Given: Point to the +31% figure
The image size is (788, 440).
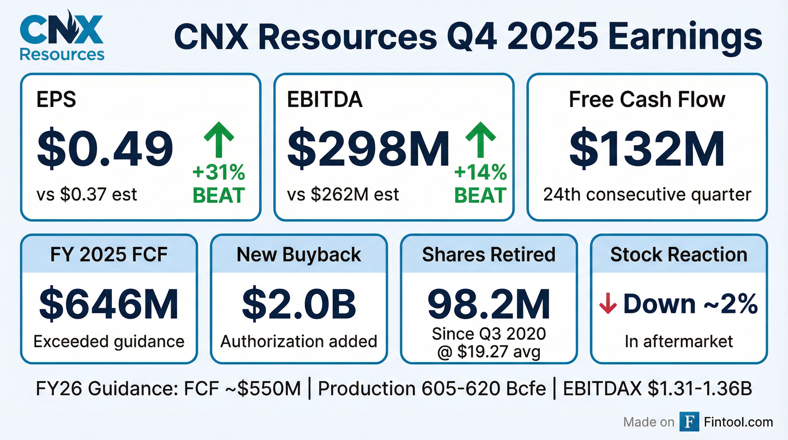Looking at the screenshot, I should point(219,172).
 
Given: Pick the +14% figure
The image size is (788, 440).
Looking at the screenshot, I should point(480,172).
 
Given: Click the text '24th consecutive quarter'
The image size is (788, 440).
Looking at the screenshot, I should point(647,194).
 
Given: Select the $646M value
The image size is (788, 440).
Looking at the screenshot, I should point(109,304).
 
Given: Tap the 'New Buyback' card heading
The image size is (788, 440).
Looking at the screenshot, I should point(299,255).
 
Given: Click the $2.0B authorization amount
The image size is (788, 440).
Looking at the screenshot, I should point(299,304).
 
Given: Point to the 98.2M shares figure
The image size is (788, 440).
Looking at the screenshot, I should point(488,304).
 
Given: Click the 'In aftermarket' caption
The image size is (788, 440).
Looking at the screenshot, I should point(679,341).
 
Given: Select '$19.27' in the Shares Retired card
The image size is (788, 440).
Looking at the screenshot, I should point(483,351).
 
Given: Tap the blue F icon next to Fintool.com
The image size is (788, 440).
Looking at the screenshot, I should point(689,422).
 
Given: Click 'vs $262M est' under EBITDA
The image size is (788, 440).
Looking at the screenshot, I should point(343,194).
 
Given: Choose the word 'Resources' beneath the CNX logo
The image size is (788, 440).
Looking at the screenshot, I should point(62,55).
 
